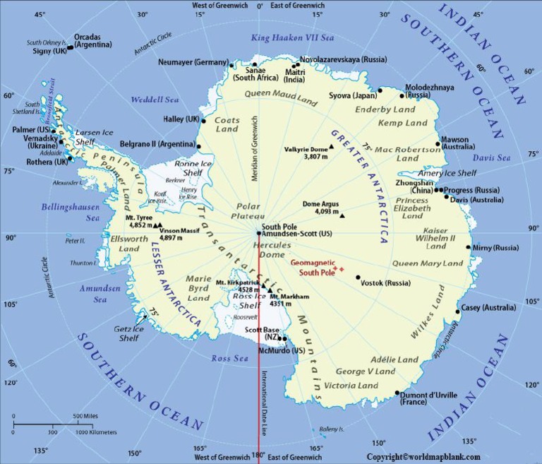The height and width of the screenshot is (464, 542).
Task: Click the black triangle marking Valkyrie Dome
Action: tap(331, 147)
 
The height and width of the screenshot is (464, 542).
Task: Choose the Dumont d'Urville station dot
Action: tap(397, 393)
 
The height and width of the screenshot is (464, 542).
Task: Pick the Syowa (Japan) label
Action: tap(352, 95)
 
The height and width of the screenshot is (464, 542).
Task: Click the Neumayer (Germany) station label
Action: tap(193, 63)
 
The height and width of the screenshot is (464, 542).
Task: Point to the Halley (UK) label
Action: tap(181, 119)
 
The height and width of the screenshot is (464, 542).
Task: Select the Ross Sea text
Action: tap(230, 359)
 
